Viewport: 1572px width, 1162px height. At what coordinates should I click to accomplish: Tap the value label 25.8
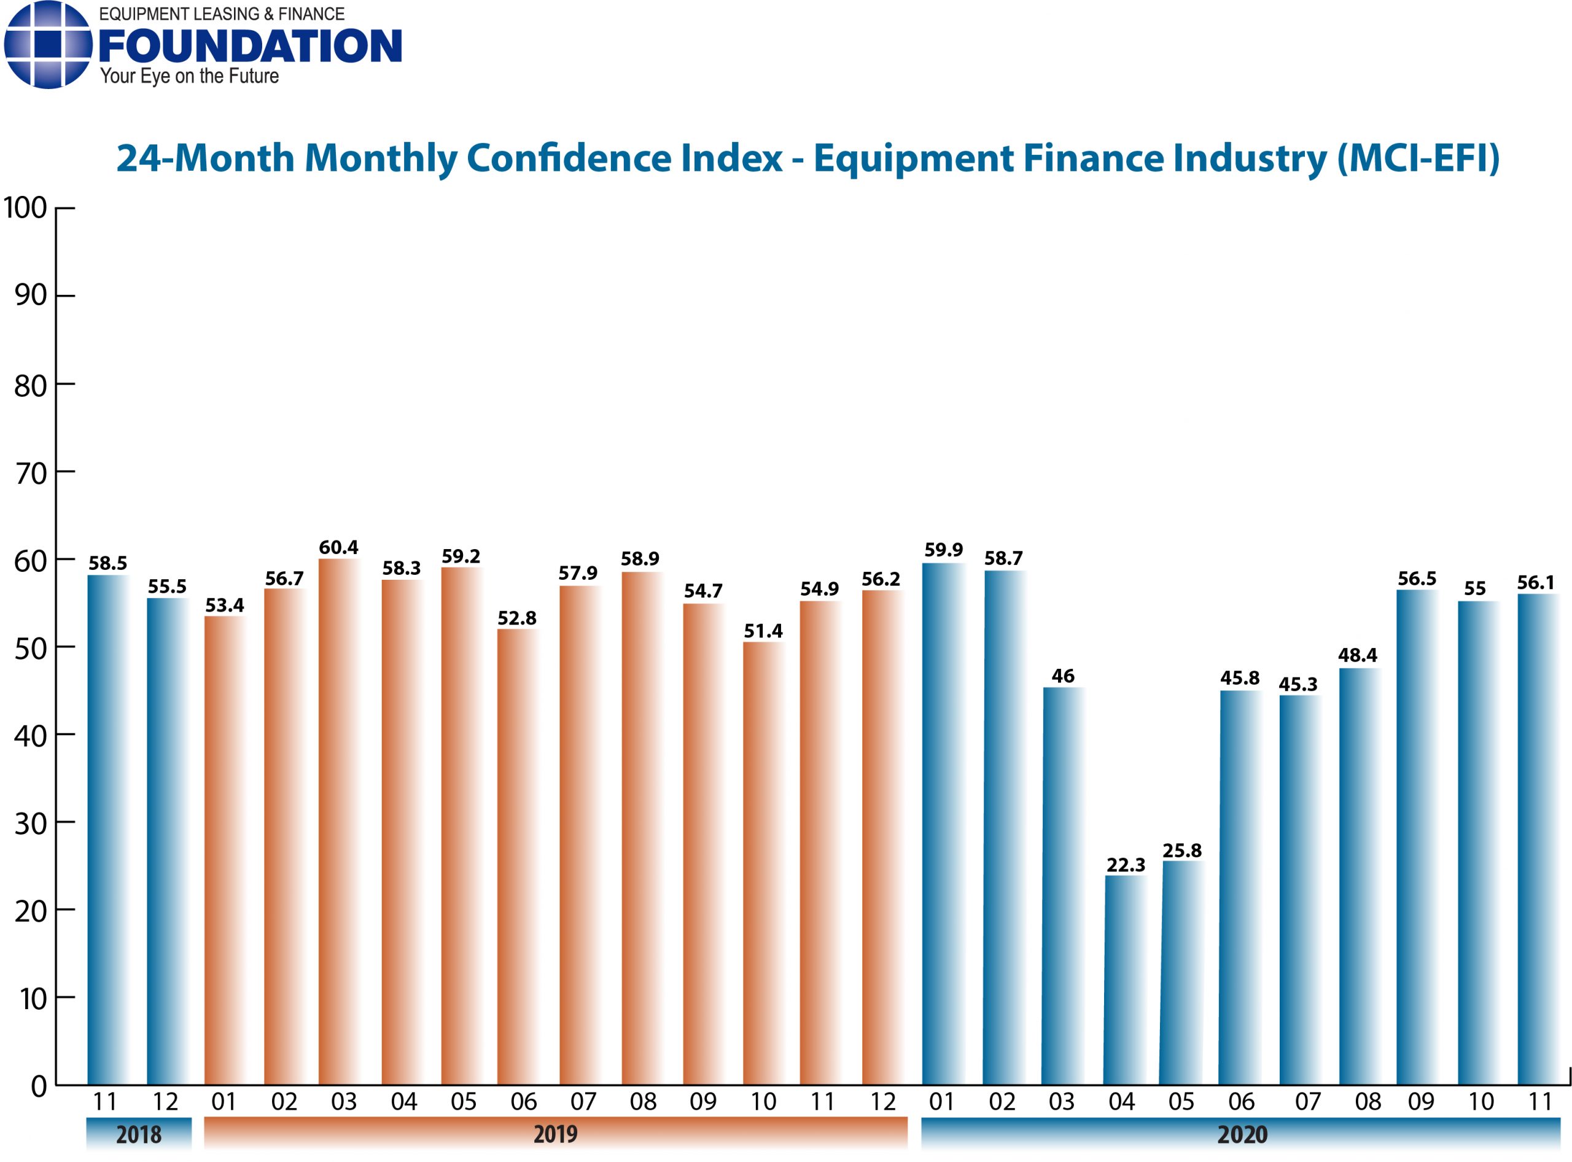tap(1181, 851)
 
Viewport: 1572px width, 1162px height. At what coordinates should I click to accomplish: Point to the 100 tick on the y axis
tap(25, 208)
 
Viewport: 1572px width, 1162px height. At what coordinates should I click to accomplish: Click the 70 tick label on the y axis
tap(31, 474)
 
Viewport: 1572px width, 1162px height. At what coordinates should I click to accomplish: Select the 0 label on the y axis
tap(39, 1086)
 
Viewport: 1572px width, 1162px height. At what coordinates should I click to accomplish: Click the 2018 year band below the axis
tap(139, 1134)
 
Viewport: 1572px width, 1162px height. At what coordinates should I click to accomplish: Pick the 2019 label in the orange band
tap(555, 1134)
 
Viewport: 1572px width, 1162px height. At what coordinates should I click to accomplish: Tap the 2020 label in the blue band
tap(1242, 1134)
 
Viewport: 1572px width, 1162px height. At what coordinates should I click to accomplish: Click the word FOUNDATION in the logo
tap(251, 47)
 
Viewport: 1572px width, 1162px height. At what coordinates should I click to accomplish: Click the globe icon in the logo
tap(48, 44)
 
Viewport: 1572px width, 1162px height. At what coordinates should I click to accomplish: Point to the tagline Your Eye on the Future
tap(189, 76)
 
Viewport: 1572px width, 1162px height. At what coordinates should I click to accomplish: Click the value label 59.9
tap(943, 549)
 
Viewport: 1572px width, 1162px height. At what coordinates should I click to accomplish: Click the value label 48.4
tap(1358, 655)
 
